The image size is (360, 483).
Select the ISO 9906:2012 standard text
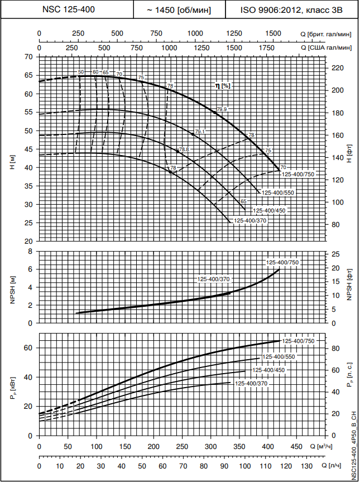coord(291,9)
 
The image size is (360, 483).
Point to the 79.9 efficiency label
coord(222,109)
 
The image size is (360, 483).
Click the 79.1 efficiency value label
coord(200,132)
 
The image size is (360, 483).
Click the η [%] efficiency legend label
coord(223,85)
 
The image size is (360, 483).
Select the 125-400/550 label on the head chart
coord(277,192)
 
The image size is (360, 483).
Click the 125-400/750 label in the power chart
coord(299,341)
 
